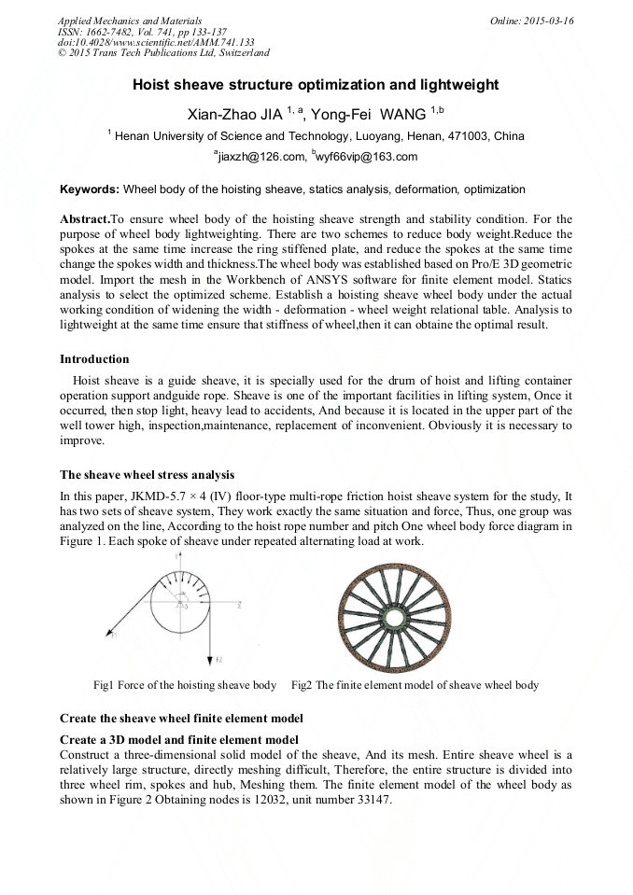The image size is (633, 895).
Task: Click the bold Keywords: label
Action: (90, 189)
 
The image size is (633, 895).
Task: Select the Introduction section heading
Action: (94, 359)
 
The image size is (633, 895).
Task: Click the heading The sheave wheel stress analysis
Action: (147, 475)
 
